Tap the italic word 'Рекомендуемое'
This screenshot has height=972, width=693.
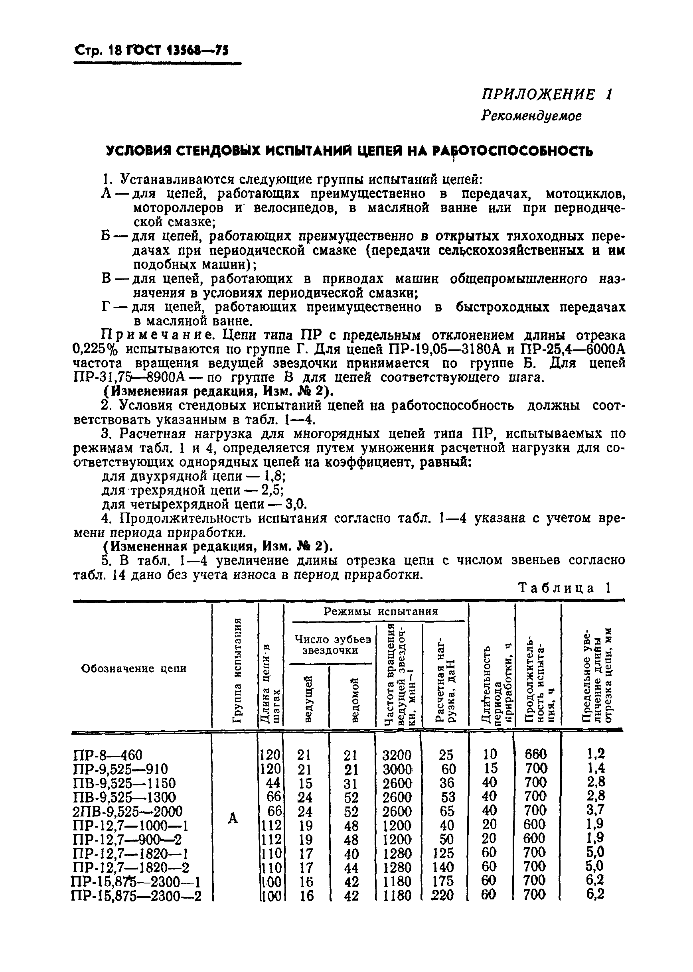531,116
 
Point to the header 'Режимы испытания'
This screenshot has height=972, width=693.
381,611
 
